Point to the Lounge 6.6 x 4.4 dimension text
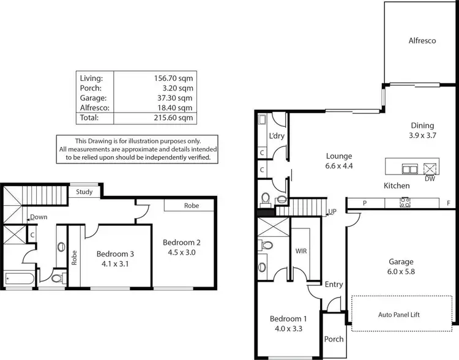pos(340,165)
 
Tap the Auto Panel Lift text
pos(403,315)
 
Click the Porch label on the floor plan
pos(334,339)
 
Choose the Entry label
pos(334,284)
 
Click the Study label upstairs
pos(84,192)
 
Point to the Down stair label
pos(39,217)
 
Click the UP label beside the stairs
pos(333,211)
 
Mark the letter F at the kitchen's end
pos(449,203)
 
